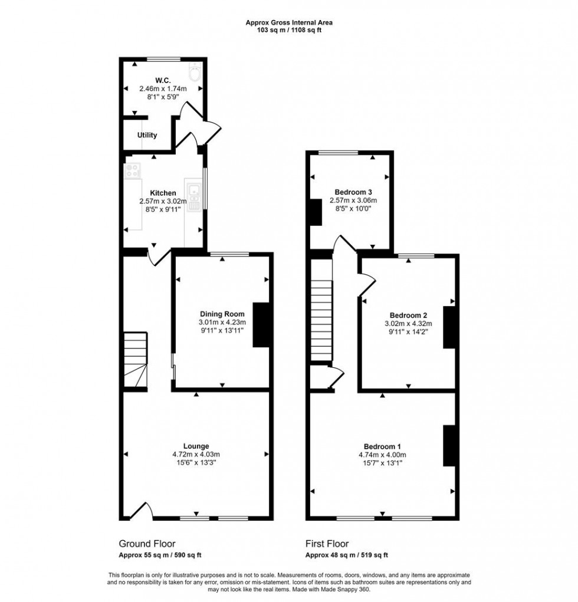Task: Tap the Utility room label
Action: (x=147, y=135)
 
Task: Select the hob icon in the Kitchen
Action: (x=133, y=170)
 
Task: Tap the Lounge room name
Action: (x=196, y=446)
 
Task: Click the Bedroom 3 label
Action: (x=353, y=192)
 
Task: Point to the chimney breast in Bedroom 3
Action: (x=316, y=212)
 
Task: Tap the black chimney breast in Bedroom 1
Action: (x=449, y=445)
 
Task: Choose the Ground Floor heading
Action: (x=147, y=544)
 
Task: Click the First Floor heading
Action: (x=327, y=544)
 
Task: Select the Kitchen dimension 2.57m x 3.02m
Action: (x=163, y=201)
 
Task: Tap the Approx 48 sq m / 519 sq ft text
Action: (x=346, y=555)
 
